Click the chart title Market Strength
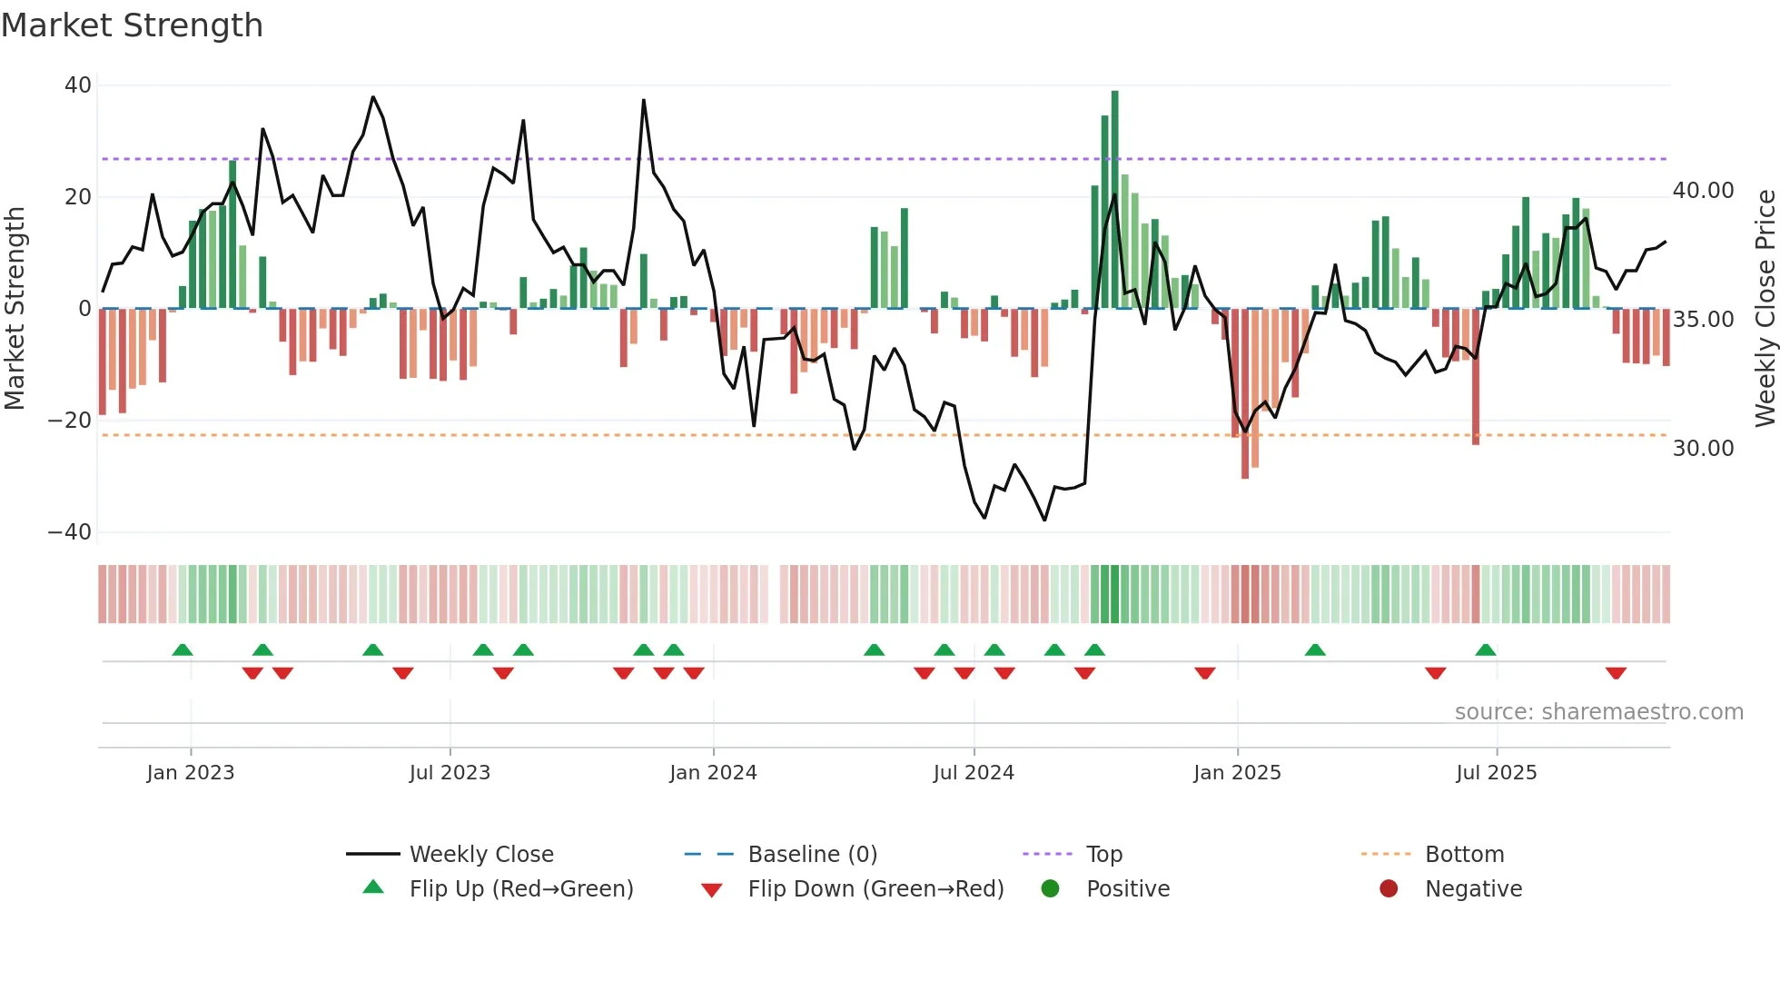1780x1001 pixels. pyautogui.click(x=132, y=25)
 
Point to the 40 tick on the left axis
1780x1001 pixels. pyautogui.click(x=78, y=85)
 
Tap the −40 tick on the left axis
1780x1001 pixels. pyautogui.click(x=70, y=532)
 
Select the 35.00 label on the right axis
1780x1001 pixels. pyautogui.click(x=1703, y=320)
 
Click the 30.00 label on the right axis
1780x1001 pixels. pyautogui.click(x=1703, y=449)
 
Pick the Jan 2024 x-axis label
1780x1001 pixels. pyautogui.click(x=713, y=773)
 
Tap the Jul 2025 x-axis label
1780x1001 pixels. pyautogui.click(x=1496, y=773)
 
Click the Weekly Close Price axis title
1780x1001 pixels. pyautogui.click(x=1765, y=309)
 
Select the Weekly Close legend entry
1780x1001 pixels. pyautogui.click(x=480, y=855)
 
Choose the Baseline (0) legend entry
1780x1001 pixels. pyautogui.click(x=812, y=855)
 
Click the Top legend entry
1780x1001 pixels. pyautogui.click(x=1103, y=855)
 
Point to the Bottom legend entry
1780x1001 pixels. pyautogui.click(x=1464, y=855)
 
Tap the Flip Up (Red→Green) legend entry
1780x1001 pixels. pyautogui.click(x=520, y=889)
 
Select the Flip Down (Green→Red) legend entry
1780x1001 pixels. pyautogui.click(x=875, y=889)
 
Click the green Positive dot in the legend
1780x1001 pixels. pyautogui.click(x=1051, y=889)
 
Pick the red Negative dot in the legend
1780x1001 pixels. pyautogui.click(x=1389, y=889)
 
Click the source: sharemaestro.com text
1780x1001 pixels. pyautogui.click(x=1598, y=712)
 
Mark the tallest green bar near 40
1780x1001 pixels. pyautogui.click(x=1114, y=200)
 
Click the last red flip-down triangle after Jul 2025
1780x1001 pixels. pyautogui.click(x=1616, y=673)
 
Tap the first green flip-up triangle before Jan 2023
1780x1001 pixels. pyautogui.click(x=183, y=649)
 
